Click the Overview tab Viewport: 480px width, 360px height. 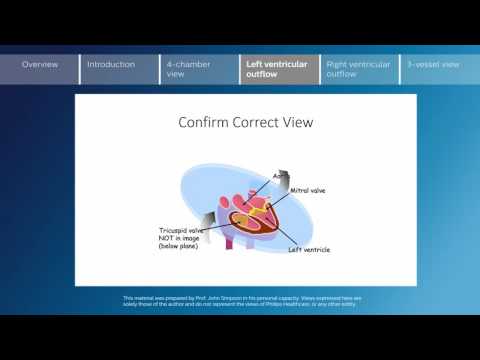click(40, 65)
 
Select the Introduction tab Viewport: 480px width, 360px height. click(111, 65)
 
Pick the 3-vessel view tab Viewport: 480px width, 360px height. click(433, 65)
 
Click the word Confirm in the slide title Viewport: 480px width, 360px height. click(204, 123)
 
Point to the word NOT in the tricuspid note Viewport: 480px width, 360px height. click(168, 237)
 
